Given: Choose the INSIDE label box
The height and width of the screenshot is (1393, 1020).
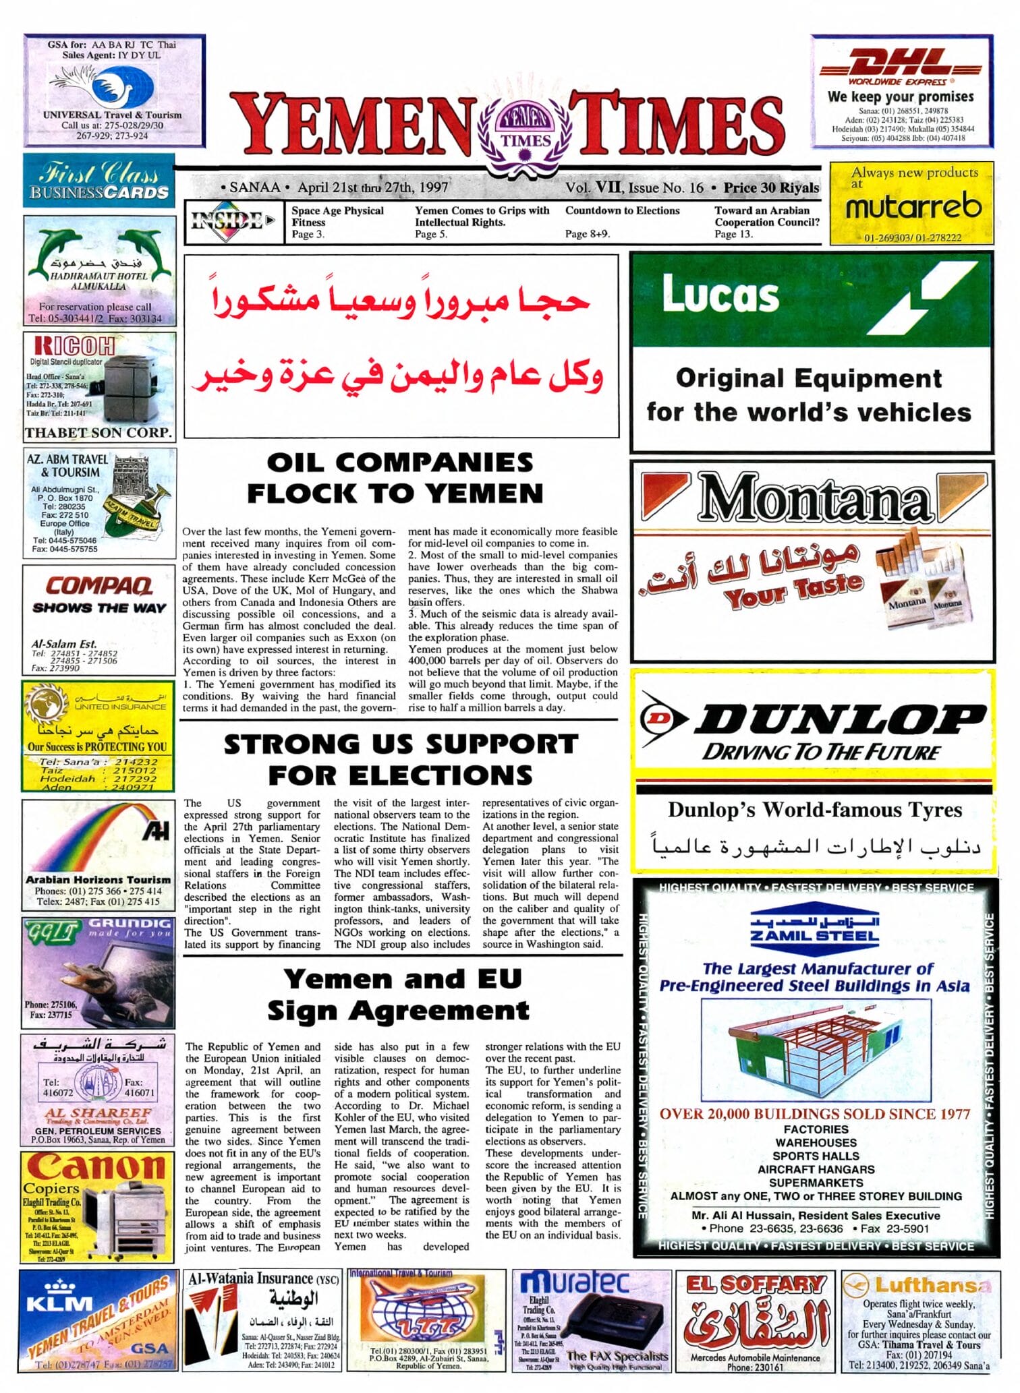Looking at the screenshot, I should (x=233, y=221).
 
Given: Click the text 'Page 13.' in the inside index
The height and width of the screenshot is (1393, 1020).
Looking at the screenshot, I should (x=733, y=234).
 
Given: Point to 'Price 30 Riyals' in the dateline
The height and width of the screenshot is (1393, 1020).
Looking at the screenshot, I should (x=771, y=187).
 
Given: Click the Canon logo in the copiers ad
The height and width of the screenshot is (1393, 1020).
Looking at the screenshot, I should (x=96, y=1166).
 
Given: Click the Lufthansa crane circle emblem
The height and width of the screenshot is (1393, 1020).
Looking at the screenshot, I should (x=856, y=1285).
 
